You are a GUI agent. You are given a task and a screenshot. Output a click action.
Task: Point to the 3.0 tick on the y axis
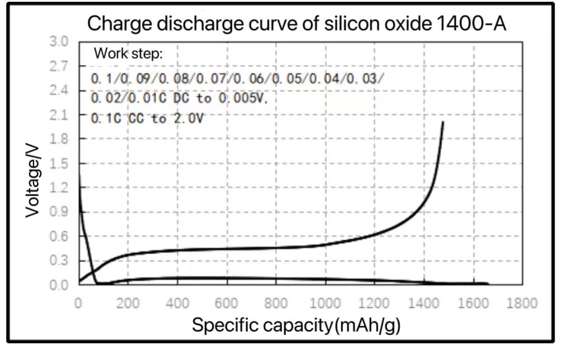click(x=59, y=42)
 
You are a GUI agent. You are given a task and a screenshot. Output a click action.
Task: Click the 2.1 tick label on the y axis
click(x=59, y=115)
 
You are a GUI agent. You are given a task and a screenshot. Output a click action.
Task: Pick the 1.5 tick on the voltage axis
click(x=59, y=164)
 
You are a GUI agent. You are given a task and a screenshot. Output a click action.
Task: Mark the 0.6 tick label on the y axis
click(x=59, y=236)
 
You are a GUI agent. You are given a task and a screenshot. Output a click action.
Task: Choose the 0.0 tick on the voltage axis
click(x=59, y=285)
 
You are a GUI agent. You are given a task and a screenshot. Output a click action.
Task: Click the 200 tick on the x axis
click(x=128, y=303)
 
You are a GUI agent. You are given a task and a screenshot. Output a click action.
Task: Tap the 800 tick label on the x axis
click(x=276, y=303)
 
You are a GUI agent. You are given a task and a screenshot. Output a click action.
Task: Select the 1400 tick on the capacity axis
click(x=424, y=303)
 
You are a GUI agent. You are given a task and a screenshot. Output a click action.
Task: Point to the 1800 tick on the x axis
click(x=522, y=303)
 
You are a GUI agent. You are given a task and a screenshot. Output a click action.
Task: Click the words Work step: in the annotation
click(x=128, y=54)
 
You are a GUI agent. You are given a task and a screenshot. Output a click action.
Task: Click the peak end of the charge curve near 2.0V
click(x=443, y=122)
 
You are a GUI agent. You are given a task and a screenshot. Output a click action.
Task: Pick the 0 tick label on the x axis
click(x=79, y=303)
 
